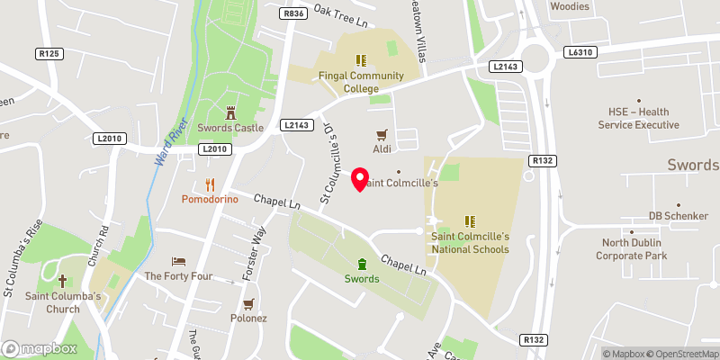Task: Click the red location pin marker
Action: point(361,179)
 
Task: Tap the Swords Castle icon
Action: point(230,112)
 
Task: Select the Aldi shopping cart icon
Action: point(381,133)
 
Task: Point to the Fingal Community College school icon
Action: point(361,61)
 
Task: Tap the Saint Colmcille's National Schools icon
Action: point(469,220)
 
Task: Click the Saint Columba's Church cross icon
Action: point(63,282)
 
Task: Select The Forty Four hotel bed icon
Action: point(178,261)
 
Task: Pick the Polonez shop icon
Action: point(247,303)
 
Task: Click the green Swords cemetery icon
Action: point(362,264)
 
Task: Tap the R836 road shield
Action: point(292,13)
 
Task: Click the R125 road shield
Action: point(49,54)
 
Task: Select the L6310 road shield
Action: point(580,54)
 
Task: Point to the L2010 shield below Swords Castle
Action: point(215,148)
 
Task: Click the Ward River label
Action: point(168,143)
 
